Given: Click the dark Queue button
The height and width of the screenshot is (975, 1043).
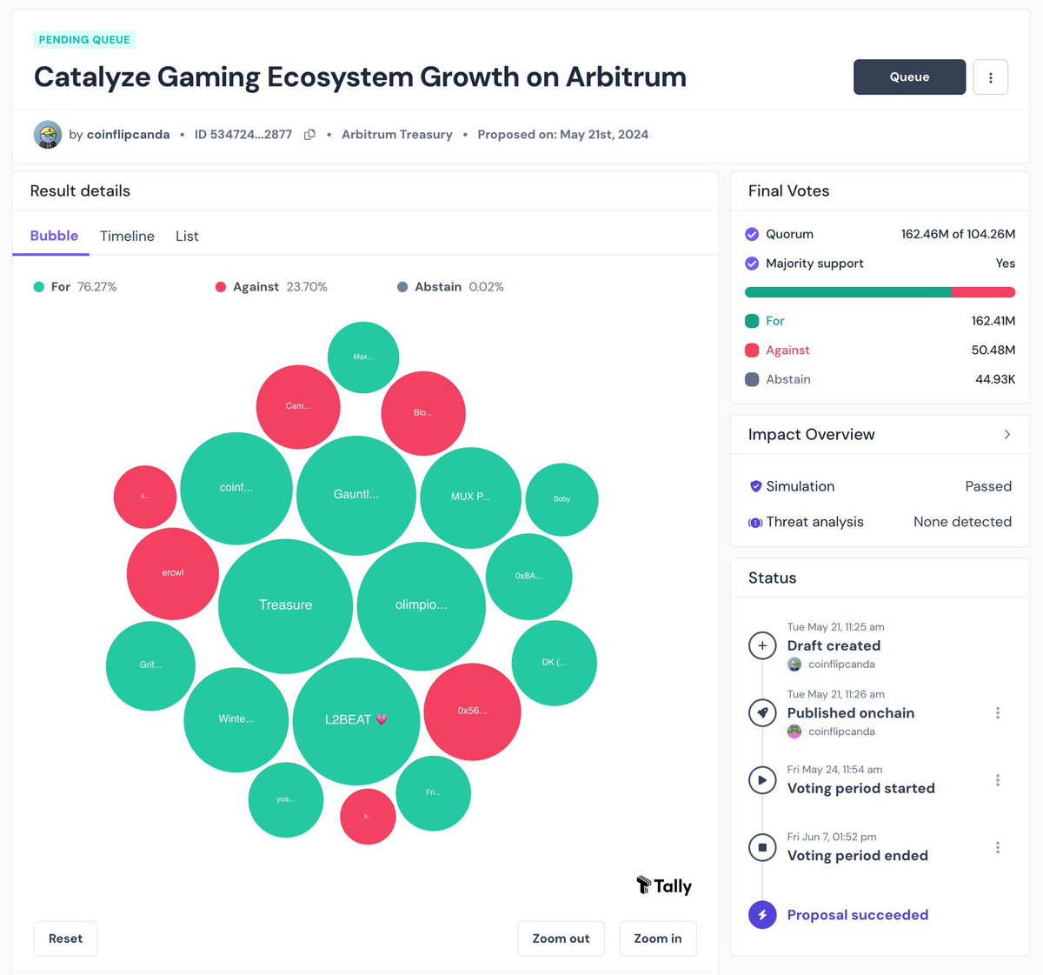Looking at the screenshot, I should coord(909,77).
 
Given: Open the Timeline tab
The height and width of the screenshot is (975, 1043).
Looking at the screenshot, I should coord(127,236).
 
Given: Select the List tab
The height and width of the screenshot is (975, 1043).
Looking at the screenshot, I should coord(187,236).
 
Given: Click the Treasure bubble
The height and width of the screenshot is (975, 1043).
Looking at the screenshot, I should coord(285,605).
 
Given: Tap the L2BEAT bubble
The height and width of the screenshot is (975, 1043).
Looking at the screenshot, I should coord(355,720).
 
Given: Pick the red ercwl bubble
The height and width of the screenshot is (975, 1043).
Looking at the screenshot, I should coord(172,573).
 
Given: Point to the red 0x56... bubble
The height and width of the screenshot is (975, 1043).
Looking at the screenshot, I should coord(472,711).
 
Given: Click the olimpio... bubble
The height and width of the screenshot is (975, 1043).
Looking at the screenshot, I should coord(421,605).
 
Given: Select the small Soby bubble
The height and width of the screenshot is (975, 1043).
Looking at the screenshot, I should coord(561,499).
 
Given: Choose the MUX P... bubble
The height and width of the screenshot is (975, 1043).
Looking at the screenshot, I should coord(470,497).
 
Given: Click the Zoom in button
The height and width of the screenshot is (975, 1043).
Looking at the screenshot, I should coord(657,938).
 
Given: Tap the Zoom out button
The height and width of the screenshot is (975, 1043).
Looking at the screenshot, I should coord(561,938).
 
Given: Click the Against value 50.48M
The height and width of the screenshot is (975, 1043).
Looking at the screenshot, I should coord(993,350).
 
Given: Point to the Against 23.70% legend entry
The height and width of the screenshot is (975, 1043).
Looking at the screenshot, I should coord(271,287).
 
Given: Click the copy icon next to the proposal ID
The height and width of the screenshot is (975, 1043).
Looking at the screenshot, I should coord(309,135).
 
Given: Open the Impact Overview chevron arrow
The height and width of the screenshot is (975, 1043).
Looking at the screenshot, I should coord(1006,434).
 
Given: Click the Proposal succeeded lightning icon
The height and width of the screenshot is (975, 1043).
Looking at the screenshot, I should coord(762,915).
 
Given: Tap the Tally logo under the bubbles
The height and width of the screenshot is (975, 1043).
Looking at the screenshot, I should coord(664,885).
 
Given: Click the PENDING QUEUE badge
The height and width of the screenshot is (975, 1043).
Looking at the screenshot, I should coord(84,39).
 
